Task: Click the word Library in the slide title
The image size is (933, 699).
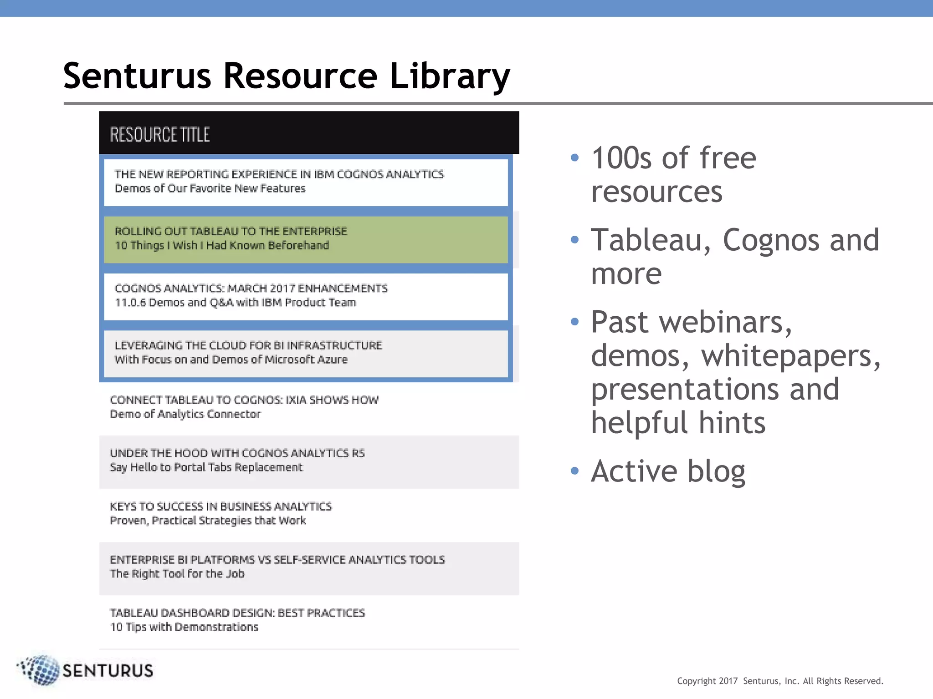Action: pyautogui.click(x=449, y=76)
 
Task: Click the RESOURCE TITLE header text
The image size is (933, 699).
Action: pyautogui.click(x=159, y=135)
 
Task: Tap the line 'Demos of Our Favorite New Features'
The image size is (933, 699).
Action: pyautogui.click(x=210, y=188)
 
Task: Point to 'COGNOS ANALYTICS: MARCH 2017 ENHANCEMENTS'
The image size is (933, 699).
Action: pyautogui.click(x=251, y=289)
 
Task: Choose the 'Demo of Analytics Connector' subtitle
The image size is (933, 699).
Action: pyautogui.click(x=185, y=414)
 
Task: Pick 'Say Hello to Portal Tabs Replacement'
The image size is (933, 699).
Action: pyautogui.click(x=206, y=467)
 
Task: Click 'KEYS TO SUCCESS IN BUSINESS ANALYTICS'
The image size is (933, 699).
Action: pyautogui.click(x=221, y=507)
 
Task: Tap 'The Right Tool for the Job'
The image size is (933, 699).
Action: pyautogui.click(x=177, y=574)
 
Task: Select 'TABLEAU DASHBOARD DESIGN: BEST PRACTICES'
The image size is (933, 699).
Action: pyautogui.click(x=237, y=613)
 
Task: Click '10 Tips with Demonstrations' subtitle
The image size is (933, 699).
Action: pyautogui.click(x=184, y=627)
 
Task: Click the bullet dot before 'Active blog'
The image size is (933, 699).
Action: pyautogui.click(x=575, y=471)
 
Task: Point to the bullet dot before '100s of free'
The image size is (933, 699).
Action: pyautogui.click(x=575, y=158)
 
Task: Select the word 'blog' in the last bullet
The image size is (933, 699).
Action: pyautogui.click(x=716, y=471)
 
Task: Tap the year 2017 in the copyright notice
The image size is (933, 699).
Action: pyautogui.click(x=728, y=681)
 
